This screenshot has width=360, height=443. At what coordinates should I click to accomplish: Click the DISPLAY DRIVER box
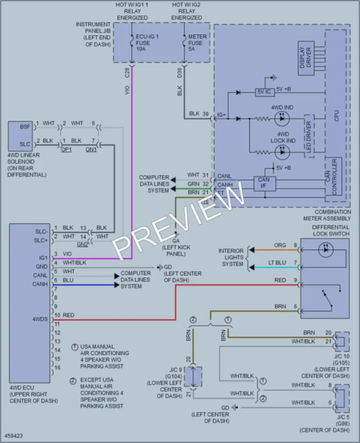[x=306, y=58]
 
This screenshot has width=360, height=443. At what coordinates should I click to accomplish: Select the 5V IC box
[x=265, y=92]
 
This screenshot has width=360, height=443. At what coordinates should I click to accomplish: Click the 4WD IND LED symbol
[x=282, y=119]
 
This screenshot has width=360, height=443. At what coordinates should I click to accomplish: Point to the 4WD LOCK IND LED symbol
[x=282, y=152]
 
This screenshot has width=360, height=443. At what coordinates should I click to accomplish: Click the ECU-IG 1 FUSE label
[x=147, y=43]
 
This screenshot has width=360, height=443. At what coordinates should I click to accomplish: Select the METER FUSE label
[x=197, y=43]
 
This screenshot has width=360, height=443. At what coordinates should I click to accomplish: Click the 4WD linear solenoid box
[x=21, y=136]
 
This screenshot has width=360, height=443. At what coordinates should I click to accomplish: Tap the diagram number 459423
[x=14, y=436]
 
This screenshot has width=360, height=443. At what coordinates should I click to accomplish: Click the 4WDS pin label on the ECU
[x=40, y=319]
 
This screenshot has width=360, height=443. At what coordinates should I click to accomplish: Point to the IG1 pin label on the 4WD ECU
[x=43, y=258]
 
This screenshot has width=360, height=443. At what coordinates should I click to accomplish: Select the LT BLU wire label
[x=277, y=263]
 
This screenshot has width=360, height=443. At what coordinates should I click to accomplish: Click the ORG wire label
[x=280, y=245]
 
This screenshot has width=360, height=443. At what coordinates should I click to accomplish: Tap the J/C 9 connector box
[x=193, y=377]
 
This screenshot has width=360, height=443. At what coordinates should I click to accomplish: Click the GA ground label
[x=176, y=241]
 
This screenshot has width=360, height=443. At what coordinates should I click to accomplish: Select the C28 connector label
[x=127, y=73]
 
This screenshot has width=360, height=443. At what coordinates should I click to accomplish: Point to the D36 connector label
[x=180, y=73]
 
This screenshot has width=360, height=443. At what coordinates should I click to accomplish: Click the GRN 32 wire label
[x=198, y=184]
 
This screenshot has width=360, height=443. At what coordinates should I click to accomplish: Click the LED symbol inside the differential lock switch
[x=325, y=250]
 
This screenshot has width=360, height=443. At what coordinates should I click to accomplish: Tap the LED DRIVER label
[x=308, y=136]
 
